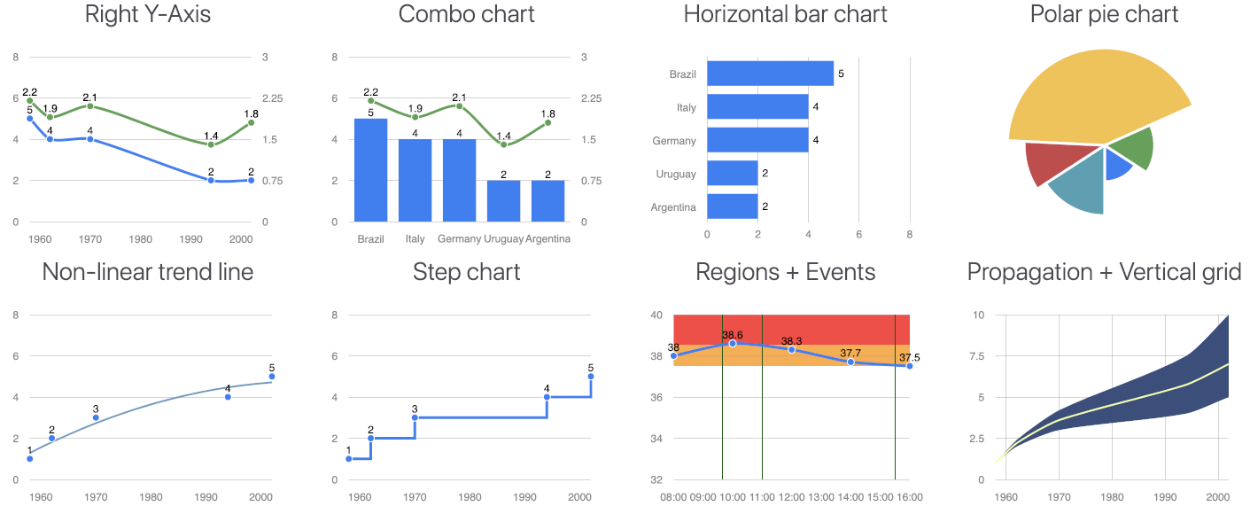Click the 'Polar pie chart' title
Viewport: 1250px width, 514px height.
pyautogui.click(x=1104, y=14)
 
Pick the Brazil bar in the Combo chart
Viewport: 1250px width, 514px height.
pyautogui.click(x=370, y=169)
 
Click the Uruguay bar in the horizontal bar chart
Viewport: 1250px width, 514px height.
pyautogui.click(x=732, y=173)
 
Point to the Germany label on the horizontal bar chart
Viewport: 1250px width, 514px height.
pyautogui.click(x=674, y=140)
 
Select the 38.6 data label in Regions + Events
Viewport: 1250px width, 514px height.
pyautogui.click(x=733, y=335)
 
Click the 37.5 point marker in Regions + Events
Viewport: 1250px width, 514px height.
pyautogui.click(x=910, y=366)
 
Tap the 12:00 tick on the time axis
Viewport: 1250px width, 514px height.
pyautogui.click(x=791, y=498)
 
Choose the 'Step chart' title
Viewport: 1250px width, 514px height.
pyautogui.click(x=467, y=272)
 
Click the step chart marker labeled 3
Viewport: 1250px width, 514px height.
pyautogui.click(x=415, y=417)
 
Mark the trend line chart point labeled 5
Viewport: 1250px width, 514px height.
pyautogui.click(x=272, y=377)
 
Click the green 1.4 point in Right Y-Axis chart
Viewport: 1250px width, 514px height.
pyautogui.click(x=211, y=144)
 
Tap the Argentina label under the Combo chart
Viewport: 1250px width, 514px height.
pyautogui.click(x=547, y=239)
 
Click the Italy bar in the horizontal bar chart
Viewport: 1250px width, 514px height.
pyautogui.click(x=757, y=107)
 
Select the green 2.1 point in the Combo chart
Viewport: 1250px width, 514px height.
pyautogui.click(x=459, y=106)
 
